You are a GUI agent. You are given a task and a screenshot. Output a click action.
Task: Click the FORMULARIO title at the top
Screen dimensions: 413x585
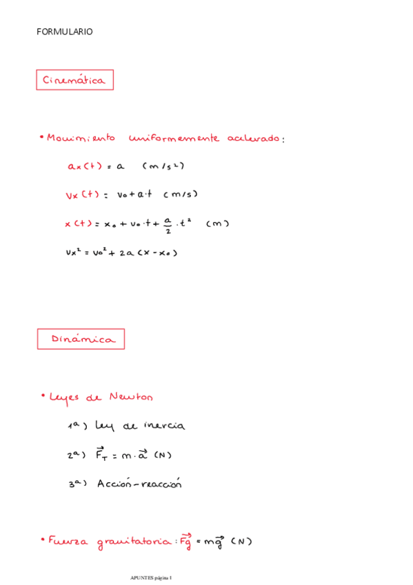64,32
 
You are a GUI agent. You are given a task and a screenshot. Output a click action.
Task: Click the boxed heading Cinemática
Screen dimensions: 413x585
74,80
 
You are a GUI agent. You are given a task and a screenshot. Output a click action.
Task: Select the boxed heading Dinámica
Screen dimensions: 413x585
81,339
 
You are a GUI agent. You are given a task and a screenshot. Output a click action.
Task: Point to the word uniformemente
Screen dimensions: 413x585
174,138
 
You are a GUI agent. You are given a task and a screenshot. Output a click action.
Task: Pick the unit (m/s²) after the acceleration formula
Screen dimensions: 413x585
163,166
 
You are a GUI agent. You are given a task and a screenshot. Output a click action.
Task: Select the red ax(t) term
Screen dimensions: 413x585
85,166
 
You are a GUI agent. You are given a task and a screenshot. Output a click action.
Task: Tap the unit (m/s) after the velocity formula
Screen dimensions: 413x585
181,195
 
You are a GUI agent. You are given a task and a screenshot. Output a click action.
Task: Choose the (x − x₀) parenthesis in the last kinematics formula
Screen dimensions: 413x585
158,252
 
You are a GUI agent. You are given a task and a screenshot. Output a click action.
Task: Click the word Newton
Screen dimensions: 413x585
132,397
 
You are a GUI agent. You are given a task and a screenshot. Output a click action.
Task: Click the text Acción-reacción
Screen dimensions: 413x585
139,484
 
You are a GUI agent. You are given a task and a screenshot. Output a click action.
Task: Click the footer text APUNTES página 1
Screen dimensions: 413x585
151,577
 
